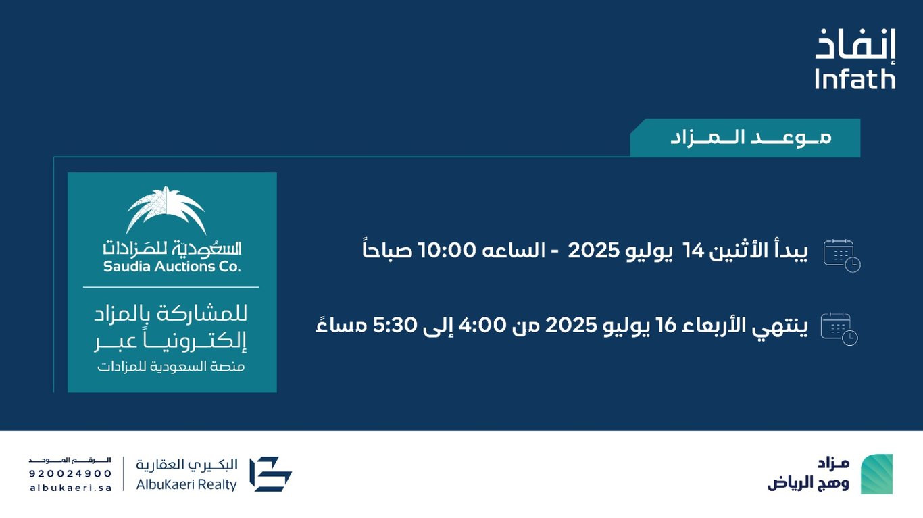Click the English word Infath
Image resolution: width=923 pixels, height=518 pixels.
[x=855, y=80]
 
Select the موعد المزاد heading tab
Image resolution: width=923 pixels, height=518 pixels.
[x=745, y=138]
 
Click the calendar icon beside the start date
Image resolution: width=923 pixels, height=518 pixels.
[x=842, y=256]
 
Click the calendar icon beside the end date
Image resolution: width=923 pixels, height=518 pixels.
[x=839, y=329]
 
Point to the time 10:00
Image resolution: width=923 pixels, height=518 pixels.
[x=447, y=251]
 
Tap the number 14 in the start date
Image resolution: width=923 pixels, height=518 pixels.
[x=693, y=251]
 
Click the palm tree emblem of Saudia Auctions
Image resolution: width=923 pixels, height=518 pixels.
[x=166, y=209]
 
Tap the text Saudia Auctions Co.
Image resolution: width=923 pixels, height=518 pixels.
[x=172, y=267]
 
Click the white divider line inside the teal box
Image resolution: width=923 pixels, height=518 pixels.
[x=171, y=287]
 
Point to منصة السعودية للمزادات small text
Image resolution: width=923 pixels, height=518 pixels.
[x=171, y=367]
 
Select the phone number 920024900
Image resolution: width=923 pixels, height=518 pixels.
[x=70, y=474]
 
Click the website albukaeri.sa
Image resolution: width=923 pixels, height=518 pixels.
[x=71, y=488]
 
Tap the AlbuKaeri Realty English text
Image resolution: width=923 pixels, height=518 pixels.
[x=186, y=485]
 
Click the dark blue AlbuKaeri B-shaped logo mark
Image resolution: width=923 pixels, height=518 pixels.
[x=271, y=474]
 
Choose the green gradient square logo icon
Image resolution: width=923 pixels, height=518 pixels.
[x=877, y=474]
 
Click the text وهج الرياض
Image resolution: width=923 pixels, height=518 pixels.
[x=808, y=483]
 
